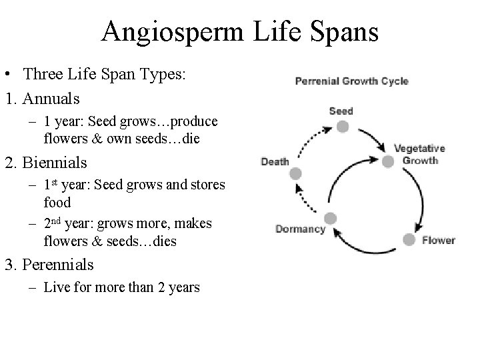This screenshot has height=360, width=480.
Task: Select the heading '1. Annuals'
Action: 42,99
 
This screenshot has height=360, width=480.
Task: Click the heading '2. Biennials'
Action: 47,162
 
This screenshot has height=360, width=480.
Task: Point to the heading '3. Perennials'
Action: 49,265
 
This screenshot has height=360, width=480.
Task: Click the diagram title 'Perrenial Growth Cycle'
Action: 351,81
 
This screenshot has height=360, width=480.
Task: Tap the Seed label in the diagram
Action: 341,111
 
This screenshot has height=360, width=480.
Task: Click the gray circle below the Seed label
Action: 342,126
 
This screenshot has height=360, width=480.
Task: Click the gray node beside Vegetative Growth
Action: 387,161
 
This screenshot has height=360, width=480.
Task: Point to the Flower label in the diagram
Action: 438,240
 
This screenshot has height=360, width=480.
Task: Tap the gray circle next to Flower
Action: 409,239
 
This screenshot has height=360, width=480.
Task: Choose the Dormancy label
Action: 300,229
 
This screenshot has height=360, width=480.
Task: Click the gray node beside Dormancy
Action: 330,218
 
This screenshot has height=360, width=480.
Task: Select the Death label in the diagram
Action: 275,161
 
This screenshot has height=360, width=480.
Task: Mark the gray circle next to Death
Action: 295,173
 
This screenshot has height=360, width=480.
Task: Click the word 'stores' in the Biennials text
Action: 205,184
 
